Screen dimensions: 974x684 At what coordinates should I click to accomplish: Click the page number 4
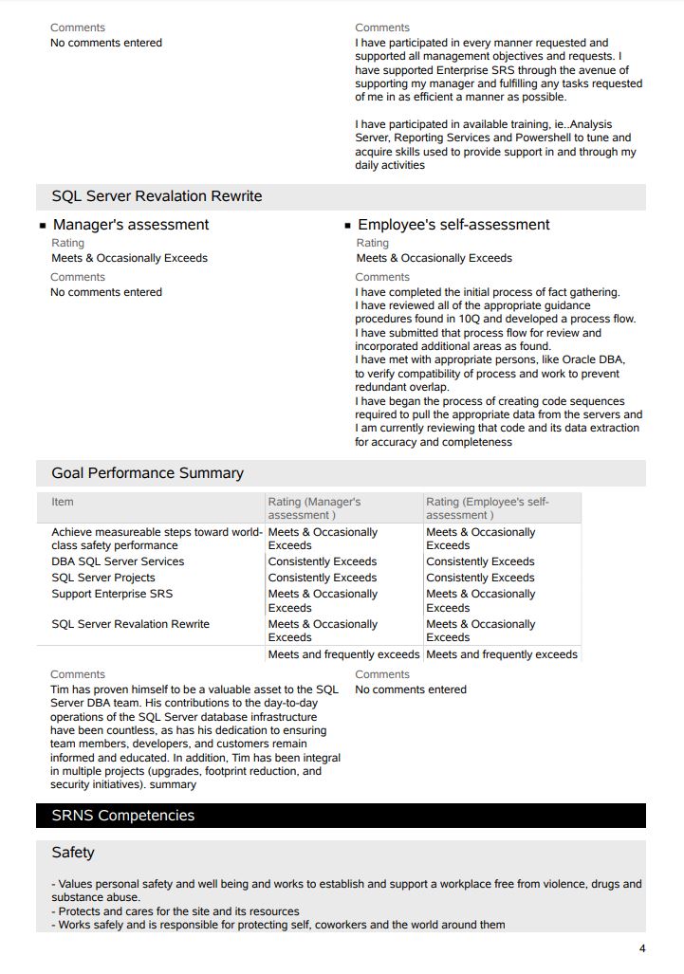point(642,948)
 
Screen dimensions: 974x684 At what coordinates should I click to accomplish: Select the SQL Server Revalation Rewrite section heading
point(157,196)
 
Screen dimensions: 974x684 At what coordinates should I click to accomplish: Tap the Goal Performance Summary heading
point(147,473)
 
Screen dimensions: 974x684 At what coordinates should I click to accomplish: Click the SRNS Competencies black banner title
point(122,816)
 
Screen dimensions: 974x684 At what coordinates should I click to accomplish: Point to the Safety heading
point(73,853)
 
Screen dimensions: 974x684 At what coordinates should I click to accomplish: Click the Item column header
point(63,502)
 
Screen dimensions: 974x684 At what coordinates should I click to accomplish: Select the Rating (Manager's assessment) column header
point(314,508)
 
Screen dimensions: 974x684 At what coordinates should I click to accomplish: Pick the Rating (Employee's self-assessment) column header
point(487,508)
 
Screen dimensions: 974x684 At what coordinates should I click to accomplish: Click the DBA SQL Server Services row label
point(118,561)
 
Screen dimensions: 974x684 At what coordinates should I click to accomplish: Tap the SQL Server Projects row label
point(103,578)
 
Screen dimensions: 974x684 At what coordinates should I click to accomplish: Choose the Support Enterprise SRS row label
point(112,594)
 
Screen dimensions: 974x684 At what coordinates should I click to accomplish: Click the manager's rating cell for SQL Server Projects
point(323,578)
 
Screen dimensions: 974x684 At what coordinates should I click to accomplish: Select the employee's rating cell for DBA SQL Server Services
point(480,561)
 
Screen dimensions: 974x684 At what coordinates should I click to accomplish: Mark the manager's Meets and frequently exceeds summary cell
point(343,654)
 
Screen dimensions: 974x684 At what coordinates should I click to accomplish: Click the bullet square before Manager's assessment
point(43,226)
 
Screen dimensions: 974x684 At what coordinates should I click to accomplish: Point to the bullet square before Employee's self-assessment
point(347,226)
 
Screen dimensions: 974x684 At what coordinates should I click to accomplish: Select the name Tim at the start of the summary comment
point(61,689)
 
